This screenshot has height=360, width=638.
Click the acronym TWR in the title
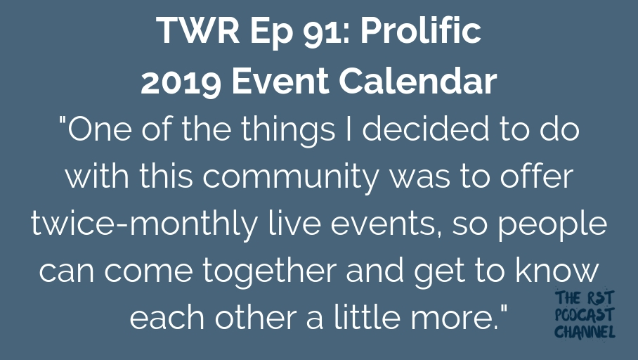click(197, 30)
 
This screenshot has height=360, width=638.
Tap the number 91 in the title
click(323, 30)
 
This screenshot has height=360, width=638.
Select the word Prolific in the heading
click(421, 30)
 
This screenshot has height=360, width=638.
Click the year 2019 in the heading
click(181, 81)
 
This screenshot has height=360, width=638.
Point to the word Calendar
click(418, 80)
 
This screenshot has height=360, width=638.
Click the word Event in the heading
click(280, 81)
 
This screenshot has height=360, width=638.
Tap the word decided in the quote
click(426, 129)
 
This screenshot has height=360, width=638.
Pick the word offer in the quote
click(537, 176)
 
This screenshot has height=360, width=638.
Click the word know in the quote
click(557, 270)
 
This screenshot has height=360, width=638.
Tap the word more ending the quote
click(455, 319)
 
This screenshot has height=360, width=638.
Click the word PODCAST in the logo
click(584, 315)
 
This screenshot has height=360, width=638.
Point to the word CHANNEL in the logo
click(585, 331)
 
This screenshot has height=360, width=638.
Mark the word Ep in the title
click(271, 32)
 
